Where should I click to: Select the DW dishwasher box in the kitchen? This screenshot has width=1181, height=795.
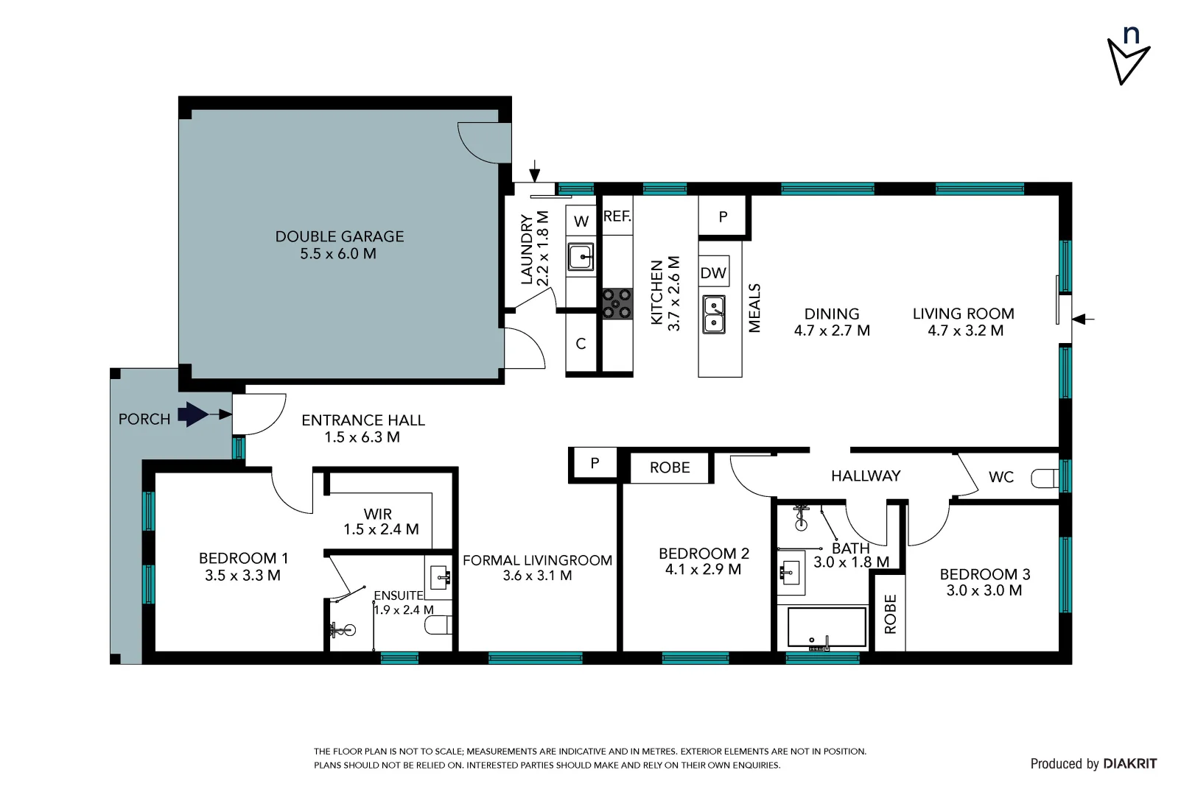click(713, 273)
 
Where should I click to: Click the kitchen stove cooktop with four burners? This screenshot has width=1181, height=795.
click(617, 303)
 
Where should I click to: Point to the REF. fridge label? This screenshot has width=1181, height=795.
click(617, 216)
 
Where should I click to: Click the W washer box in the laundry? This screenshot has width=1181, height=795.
click(581, 221)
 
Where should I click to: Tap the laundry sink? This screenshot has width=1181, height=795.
click(581, 257)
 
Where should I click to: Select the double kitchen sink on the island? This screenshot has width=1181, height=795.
click(713, 314)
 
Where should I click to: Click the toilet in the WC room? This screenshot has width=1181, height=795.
click(1044, 478)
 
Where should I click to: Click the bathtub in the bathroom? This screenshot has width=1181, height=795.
click(826, 627)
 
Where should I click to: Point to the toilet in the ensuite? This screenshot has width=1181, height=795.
click(438, 626)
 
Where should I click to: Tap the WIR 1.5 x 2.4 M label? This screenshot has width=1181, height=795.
click(380, 522)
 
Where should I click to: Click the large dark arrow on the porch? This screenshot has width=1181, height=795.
click(194, 414)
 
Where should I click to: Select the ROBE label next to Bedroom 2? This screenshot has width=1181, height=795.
click(669, 467)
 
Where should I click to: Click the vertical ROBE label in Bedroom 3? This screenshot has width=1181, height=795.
click(890, 614)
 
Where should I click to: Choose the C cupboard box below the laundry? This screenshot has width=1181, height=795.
click(581, 344)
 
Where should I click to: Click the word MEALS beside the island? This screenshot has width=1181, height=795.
click(754, 308)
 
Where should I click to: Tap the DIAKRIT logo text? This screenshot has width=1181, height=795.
click(1129, 764)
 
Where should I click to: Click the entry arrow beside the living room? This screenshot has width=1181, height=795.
click(1083, 319)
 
